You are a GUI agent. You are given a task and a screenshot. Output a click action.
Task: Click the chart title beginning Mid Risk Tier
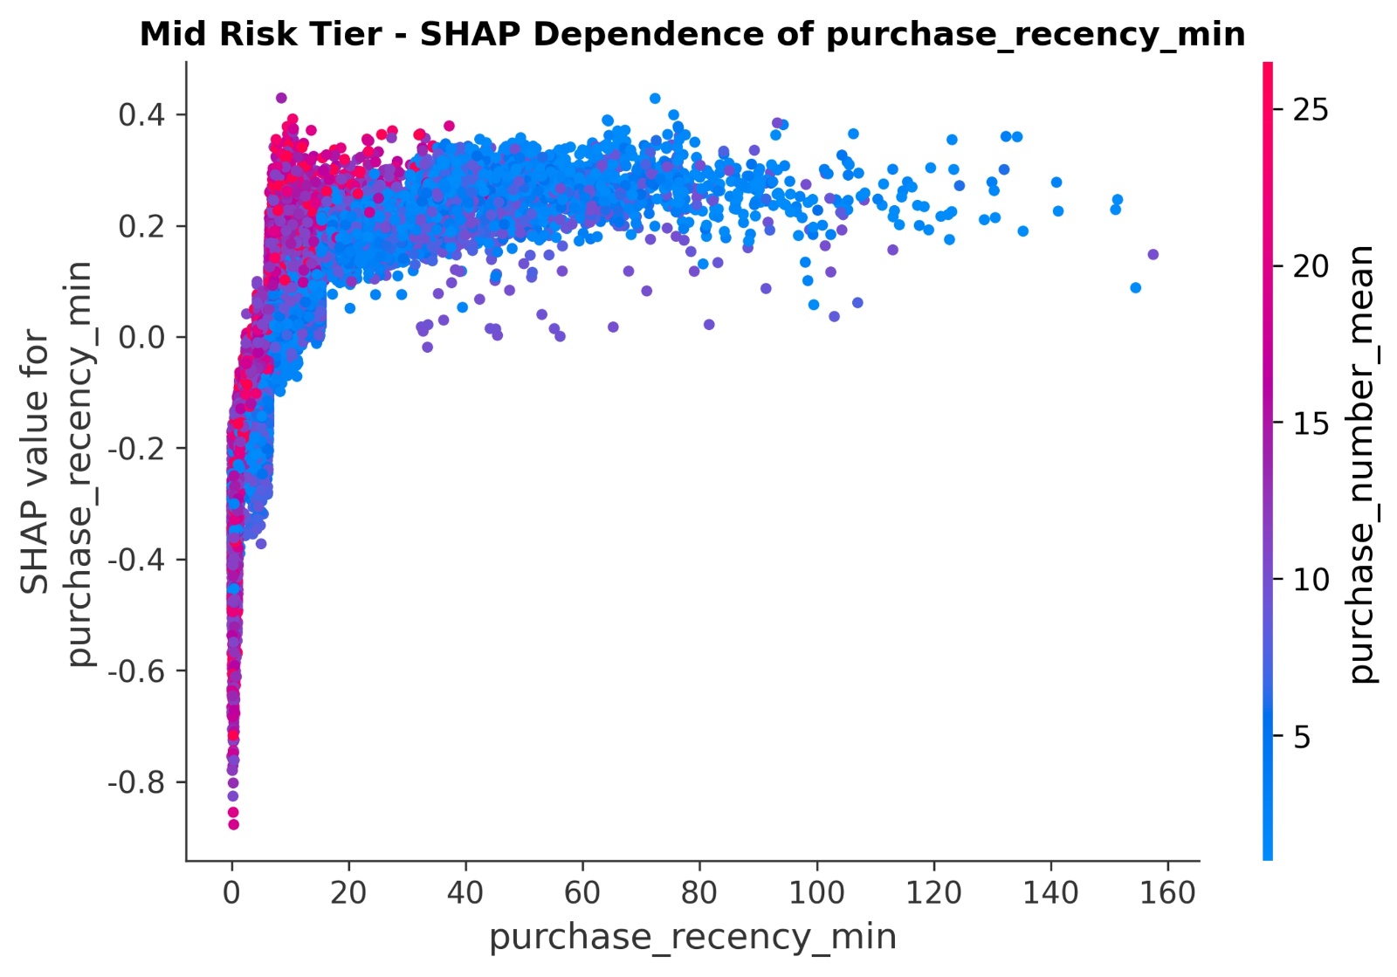[x=692, y=35]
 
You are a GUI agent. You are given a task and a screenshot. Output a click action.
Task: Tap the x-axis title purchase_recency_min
[x=692, y=937]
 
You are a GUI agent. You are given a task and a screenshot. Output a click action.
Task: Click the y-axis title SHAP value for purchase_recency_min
[x=56, y=463]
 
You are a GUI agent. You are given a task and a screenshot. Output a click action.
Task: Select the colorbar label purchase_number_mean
[x=1361, y=463]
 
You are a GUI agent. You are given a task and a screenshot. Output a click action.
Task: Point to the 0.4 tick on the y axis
[x=140, y=114]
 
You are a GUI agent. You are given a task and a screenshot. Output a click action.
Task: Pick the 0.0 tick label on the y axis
[x=140, y=337]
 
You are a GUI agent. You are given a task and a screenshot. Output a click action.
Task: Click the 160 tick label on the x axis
[x=1167, y=893]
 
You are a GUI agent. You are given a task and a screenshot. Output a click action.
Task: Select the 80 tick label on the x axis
[x=699, y=893]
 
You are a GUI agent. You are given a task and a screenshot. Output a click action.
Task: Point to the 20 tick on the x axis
[x=348, y=893]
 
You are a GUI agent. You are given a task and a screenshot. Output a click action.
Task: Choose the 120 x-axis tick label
[x=933, y=893]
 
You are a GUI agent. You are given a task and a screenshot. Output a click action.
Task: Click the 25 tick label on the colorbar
[x=1310, y=110]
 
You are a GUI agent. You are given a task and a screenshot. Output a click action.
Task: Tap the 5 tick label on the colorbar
[x=1302, y=738]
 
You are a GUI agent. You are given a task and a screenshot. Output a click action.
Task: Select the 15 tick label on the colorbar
[x=1310, y=424]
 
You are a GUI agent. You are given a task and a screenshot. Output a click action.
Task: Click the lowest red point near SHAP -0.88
[x=233, y=824]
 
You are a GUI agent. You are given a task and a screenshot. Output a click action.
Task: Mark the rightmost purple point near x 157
[x=1153, y=254]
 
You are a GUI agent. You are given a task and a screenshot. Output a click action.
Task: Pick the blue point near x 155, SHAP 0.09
[x=1135, y=287]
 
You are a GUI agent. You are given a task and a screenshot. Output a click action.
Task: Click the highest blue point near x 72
[x=655, y=98]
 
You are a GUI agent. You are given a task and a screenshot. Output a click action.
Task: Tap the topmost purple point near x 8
[x=281, y=98]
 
